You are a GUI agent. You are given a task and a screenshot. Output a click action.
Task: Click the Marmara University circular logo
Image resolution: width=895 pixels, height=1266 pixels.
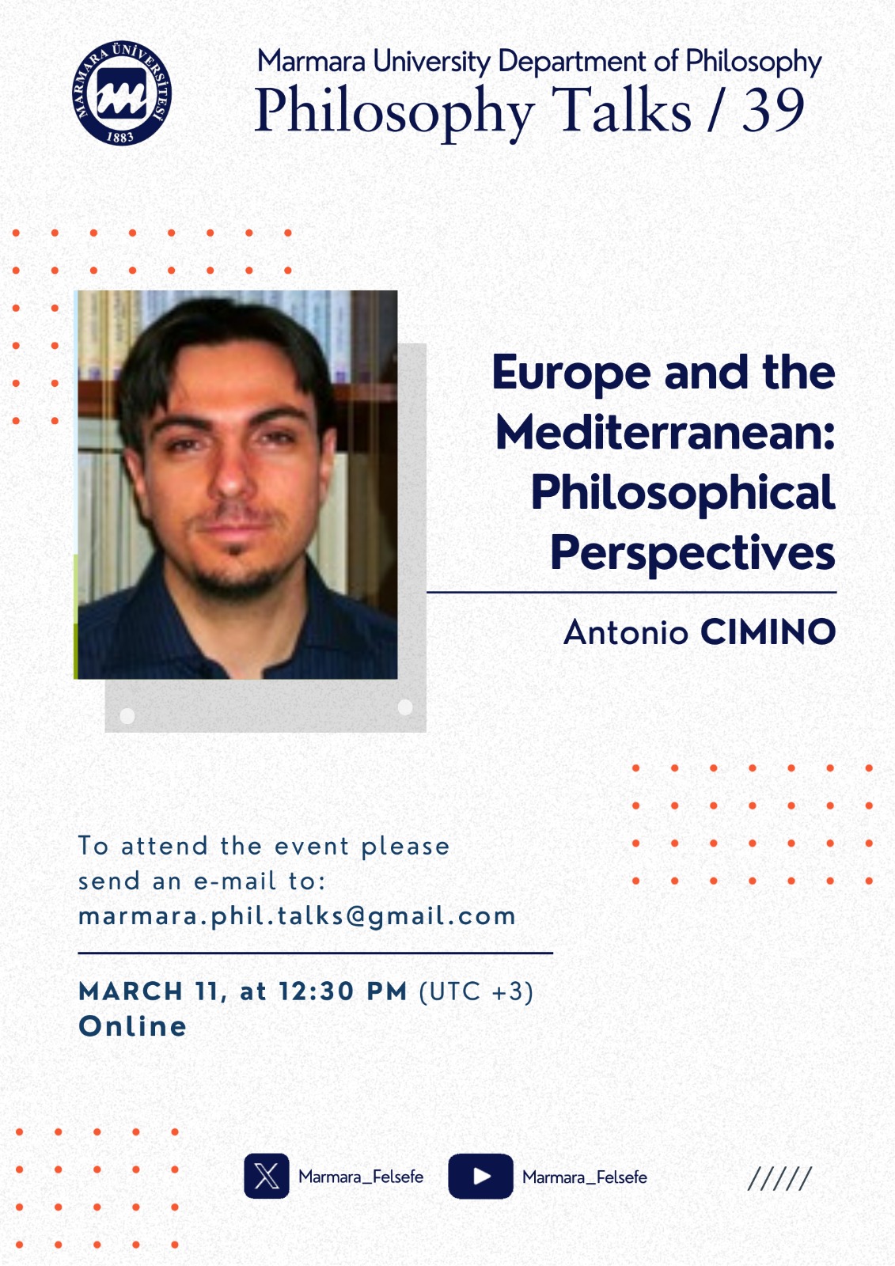[122, 93]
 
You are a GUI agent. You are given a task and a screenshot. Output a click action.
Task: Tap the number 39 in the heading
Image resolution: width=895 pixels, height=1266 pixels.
[773, 110]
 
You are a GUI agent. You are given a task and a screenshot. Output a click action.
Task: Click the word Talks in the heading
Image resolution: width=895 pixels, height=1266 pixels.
[620, 110]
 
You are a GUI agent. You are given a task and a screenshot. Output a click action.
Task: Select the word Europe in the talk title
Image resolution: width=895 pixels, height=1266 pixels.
[571, 373]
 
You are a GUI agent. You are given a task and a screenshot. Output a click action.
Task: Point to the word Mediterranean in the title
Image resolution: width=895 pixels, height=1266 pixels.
[666, 432]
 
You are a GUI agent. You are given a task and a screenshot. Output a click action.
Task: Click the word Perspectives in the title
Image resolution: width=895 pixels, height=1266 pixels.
[692, 553]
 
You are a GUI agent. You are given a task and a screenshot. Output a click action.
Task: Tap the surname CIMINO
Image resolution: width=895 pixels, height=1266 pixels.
[768, 632]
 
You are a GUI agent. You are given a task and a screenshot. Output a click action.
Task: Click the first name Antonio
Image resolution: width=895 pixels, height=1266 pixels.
[625, 632]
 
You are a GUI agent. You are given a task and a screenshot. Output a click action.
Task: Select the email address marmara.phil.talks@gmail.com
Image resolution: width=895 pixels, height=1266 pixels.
[297, 917]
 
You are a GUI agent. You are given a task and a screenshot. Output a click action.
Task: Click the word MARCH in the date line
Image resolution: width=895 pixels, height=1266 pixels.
[131, 992]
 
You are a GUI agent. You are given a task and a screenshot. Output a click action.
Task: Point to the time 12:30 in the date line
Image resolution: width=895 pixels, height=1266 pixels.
[316, 992]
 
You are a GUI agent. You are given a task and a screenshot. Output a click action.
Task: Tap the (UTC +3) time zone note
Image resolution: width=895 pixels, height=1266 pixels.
[476, 992]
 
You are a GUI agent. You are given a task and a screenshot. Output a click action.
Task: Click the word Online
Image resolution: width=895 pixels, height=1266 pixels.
[132, 1026]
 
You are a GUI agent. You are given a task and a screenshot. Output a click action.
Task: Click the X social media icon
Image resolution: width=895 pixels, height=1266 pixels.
[267, 1176]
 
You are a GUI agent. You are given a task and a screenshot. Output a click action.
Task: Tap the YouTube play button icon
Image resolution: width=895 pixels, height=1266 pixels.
[480, 1176]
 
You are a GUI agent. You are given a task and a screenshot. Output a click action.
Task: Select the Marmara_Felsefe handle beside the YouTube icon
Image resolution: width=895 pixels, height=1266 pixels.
[585, 1177]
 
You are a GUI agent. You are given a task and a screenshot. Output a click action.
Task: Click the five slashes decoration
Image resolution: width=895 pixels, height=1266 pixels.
[779, 1178]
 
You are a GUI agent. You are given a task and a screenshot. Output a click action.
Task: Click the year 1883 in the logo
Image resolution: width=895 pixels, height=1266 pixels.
[119, 136]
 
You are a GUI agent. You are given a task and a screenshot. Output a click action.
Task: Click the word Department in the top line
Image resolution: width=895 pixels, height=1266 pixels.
[571, 63]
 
